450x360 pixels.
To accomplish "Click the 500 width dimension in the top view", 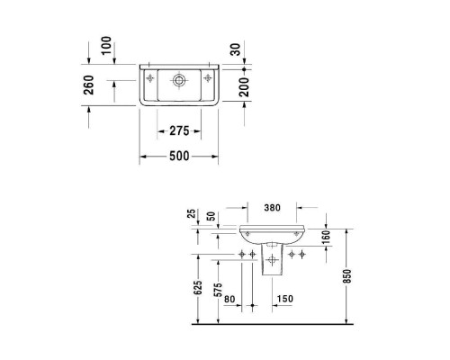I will click(x=179, y=157).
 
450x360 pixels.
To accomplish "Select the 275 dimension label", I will click(x=179, y=130).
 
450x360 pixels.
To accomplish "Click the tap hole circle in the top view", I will click(x=180, y=81).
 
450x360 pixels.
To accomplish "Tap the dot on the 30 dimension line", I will click(x=245, y=67).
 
